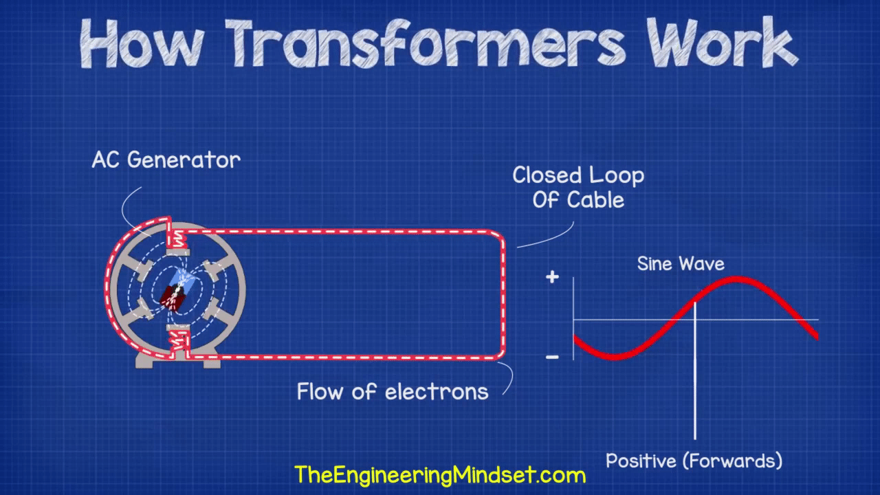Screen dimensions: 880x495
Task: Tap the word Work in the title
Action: (x=723, y=43)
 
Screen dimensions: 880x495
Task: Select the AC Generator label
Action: (x=166, y=160)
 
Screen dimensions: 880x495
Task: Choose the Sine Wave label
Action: (x=681, y=263)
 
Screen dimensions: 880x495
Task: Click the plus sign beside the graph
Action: (x=552, y=277)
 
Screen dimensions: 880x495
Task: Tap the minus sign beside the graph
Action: (x=552, y=357)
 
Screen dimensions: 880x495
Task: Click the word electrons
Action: (x=437, y=392)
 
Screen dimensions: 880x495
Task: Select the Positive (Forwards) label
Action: (x=694, y=461)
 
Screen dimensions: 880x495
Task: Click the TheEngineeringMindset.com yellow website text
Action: (x=440, y=475)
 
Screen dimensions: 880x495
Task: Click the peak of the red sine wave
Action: (x=736, y=279)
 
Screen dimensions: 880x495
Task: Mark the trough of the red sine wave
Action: (x=614, y=357)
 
